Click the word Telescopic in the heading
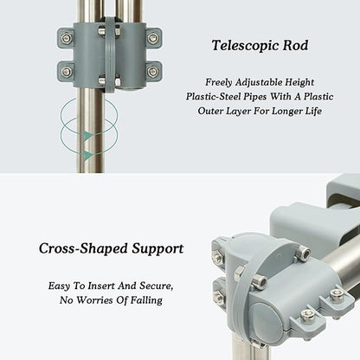[245, 46]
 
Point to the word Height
[299, 82]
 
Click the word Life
[314, 111]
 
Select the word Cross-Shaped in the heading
[83, 248]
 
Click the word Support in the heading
[157, 249]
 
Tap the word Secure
[157, 286]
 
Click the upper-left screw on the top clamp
[67, 37]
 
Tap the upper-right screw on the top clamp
[152, 38]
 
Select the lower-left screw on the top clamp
[67, 71]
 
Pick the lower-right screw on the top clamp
[152, 71]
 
